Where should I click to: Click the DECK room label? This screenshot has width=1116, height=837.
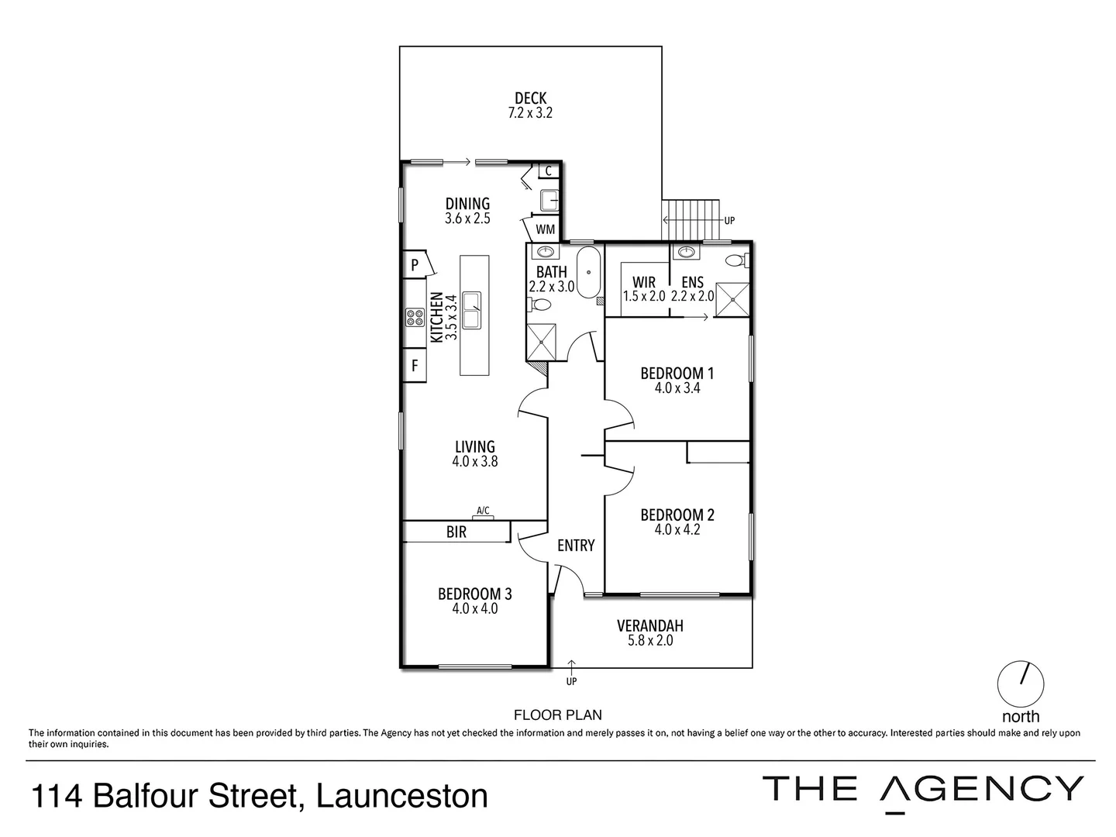530,98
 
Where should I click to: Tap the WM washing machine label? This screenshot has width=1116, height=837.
545,229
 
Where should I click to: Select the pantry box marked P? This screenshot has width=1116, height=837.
415,265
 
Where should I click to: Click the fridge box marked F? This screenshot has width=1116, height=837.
415,365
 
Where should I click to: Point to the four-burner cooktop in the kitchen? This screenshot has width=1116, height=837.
414,316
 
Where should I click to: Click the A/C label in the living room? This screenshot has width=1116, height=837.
483,510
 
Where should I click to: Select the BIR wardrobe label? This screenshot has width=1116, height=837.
456,532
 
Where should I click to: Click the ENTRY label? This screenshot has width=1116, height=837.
576,546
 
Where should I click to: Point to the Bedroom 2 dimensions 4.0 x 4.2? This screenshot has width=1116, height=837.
677,530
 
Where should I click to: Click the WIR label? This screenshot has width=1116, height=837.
644,282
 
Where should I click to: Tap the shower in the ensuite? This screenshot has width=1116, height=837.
732,301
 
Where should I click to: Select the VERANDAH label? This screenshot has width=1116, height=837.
649,625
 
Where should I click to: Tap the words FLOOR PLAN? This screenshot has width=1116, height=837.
558,715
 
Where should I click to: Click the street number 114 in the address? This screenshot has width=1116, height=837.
57,797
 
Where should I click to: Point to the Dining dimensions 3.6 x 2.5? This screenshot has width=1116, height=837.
467,219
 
